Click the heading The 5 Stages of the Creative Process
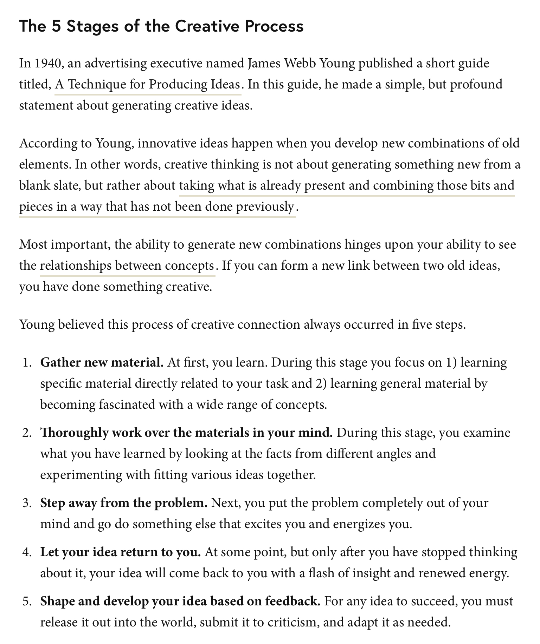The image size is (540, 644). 161,26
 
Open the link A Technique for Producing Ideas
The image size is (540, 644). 148,85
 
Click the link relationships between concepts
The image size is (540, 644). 127,266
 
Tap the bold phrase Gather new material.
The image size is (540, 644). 102,362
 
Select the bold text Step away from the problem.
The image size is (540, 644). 124,503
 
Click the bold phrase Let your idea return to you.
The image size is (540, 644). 120,552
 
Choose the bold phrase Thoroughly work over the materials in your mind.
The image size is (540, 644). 186,433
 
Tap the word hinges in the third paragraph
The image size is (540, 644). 362,245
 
